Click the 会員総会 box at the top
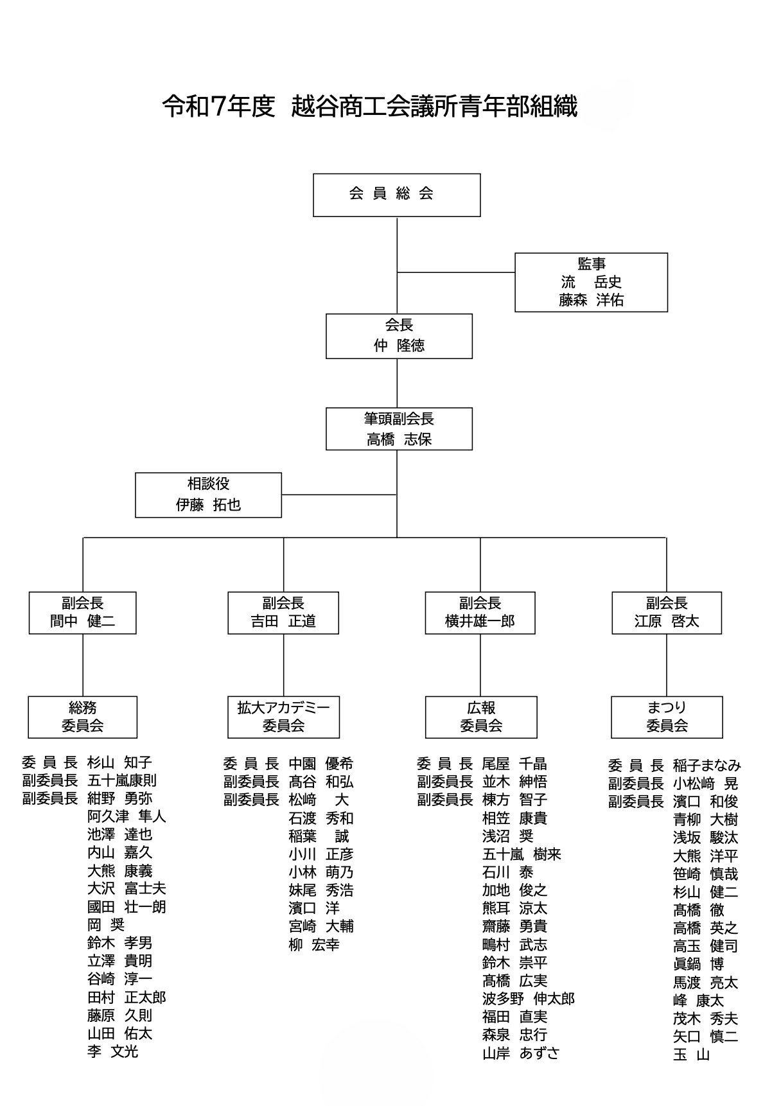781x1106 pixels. pos(396,195)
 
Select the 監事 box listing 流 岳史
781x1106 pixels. pos(591,283)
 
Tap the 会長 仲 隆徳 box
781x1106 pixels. pos(399,336)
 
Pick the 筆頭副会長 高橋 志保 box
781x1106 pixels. pos(399,429)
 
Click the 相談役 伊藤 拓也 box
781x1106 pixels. pos(208,495)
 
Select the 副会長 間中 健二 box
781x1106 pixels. pos(82,613)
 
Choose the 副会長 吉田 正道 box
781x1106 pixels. pos(283,613)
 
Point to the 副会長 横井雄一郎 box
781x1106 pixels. pos(480,613)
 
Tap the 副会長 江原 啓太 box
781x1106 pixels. pos(667,613)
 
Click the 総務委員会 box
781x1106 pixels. pos(82,717)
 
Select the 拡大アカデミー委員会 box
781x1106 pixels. pos(283,717)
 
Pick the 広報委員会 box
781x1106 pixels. pos(481,717)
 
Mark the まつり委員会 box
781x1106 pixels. pos(667,717)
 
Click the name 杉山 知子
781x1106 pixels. pos(119,763)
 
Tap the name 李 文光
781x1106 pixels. pos(113,1052)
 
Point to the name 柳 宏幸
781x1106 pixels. pos(314,945)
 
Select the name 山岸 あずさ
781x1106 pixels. pos(521,1053)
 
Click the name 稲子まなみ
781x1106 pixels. pos(706,766)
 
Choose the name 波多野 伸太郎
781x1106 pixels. pos(528,999)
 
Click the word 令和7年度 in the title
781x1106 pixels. pos(218,107)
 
